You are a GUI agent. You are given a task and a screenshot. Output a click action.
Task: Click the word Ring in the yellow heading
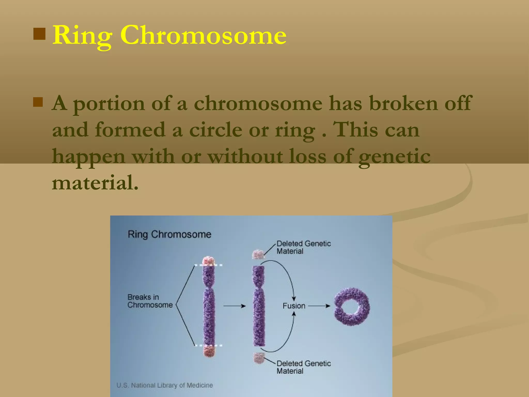[x=82, y=36]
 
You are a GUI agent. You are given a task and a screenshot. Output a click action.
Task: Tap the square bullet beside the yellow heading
[x=40, y=34]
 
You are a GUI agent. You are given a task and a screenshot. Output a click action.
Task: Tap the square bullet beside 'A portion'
[x=38, y=102]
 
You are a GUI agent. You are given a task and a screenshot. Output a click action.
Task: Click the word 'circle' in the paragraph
[x=216, y=130]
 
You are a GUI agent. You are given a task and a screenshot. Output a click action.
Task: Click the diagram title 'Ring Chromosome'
[x=169, y=234]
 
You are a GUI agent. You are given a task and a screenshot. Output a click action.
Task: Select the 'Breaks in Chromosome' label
[x=150, y=301]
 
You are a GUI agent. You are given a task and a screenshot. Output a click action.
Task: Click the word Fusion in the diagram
[x=294, y=306]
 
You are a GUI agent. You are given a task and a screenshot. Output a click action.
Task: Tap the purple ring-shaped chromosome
[x=352, y=306]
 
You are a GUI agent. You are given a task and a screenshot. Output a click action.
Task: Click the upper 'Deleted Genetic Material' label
[x=304, y=247]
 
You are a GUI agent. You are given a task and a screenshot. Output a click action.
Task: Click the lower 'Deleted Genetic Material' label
[x=304, y=367]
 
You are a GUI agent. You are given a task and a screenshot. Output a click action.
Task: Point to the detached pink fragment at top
[x=258, y=254]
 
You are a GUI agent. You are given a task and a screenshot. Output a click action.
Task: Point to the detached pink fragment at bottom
[x=259, y=358]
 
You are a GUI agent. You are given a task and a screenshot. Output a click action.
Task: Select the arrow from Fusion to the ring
[x=319, y=306]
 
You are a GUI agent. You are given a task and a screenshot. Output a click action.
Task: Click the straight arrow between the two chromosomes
[x=234, y=306]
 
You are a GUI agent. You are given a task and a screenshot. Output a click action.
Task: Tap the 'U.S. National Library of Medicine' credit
[x=165, y=385]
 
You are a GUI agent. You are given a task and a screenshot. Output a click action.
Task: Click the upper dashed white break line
[x=208, y=265]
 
